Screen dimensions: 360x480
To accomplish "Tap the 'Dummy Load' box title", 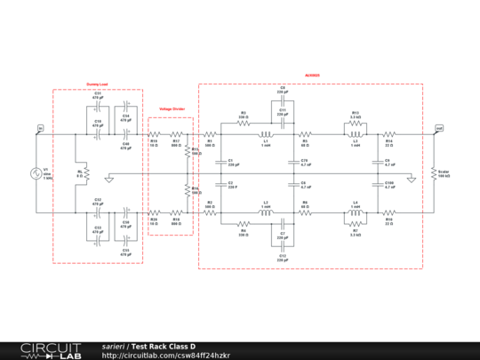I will [x=97, y=85].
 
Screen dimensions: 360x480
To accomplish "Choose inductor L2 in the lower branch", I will [x=265, y=212].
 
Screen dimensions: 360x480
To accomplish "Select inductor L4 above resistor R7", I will [x=355, y=212].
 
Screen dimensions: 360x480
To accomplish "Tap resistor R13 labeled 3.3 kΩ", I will [x=355, y=124].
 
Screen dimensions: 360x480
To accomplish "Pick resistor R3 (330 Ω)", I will [x=243, y=124].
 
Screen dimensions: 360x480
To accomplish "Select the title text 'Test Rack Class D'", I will [x=164, y=346].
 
